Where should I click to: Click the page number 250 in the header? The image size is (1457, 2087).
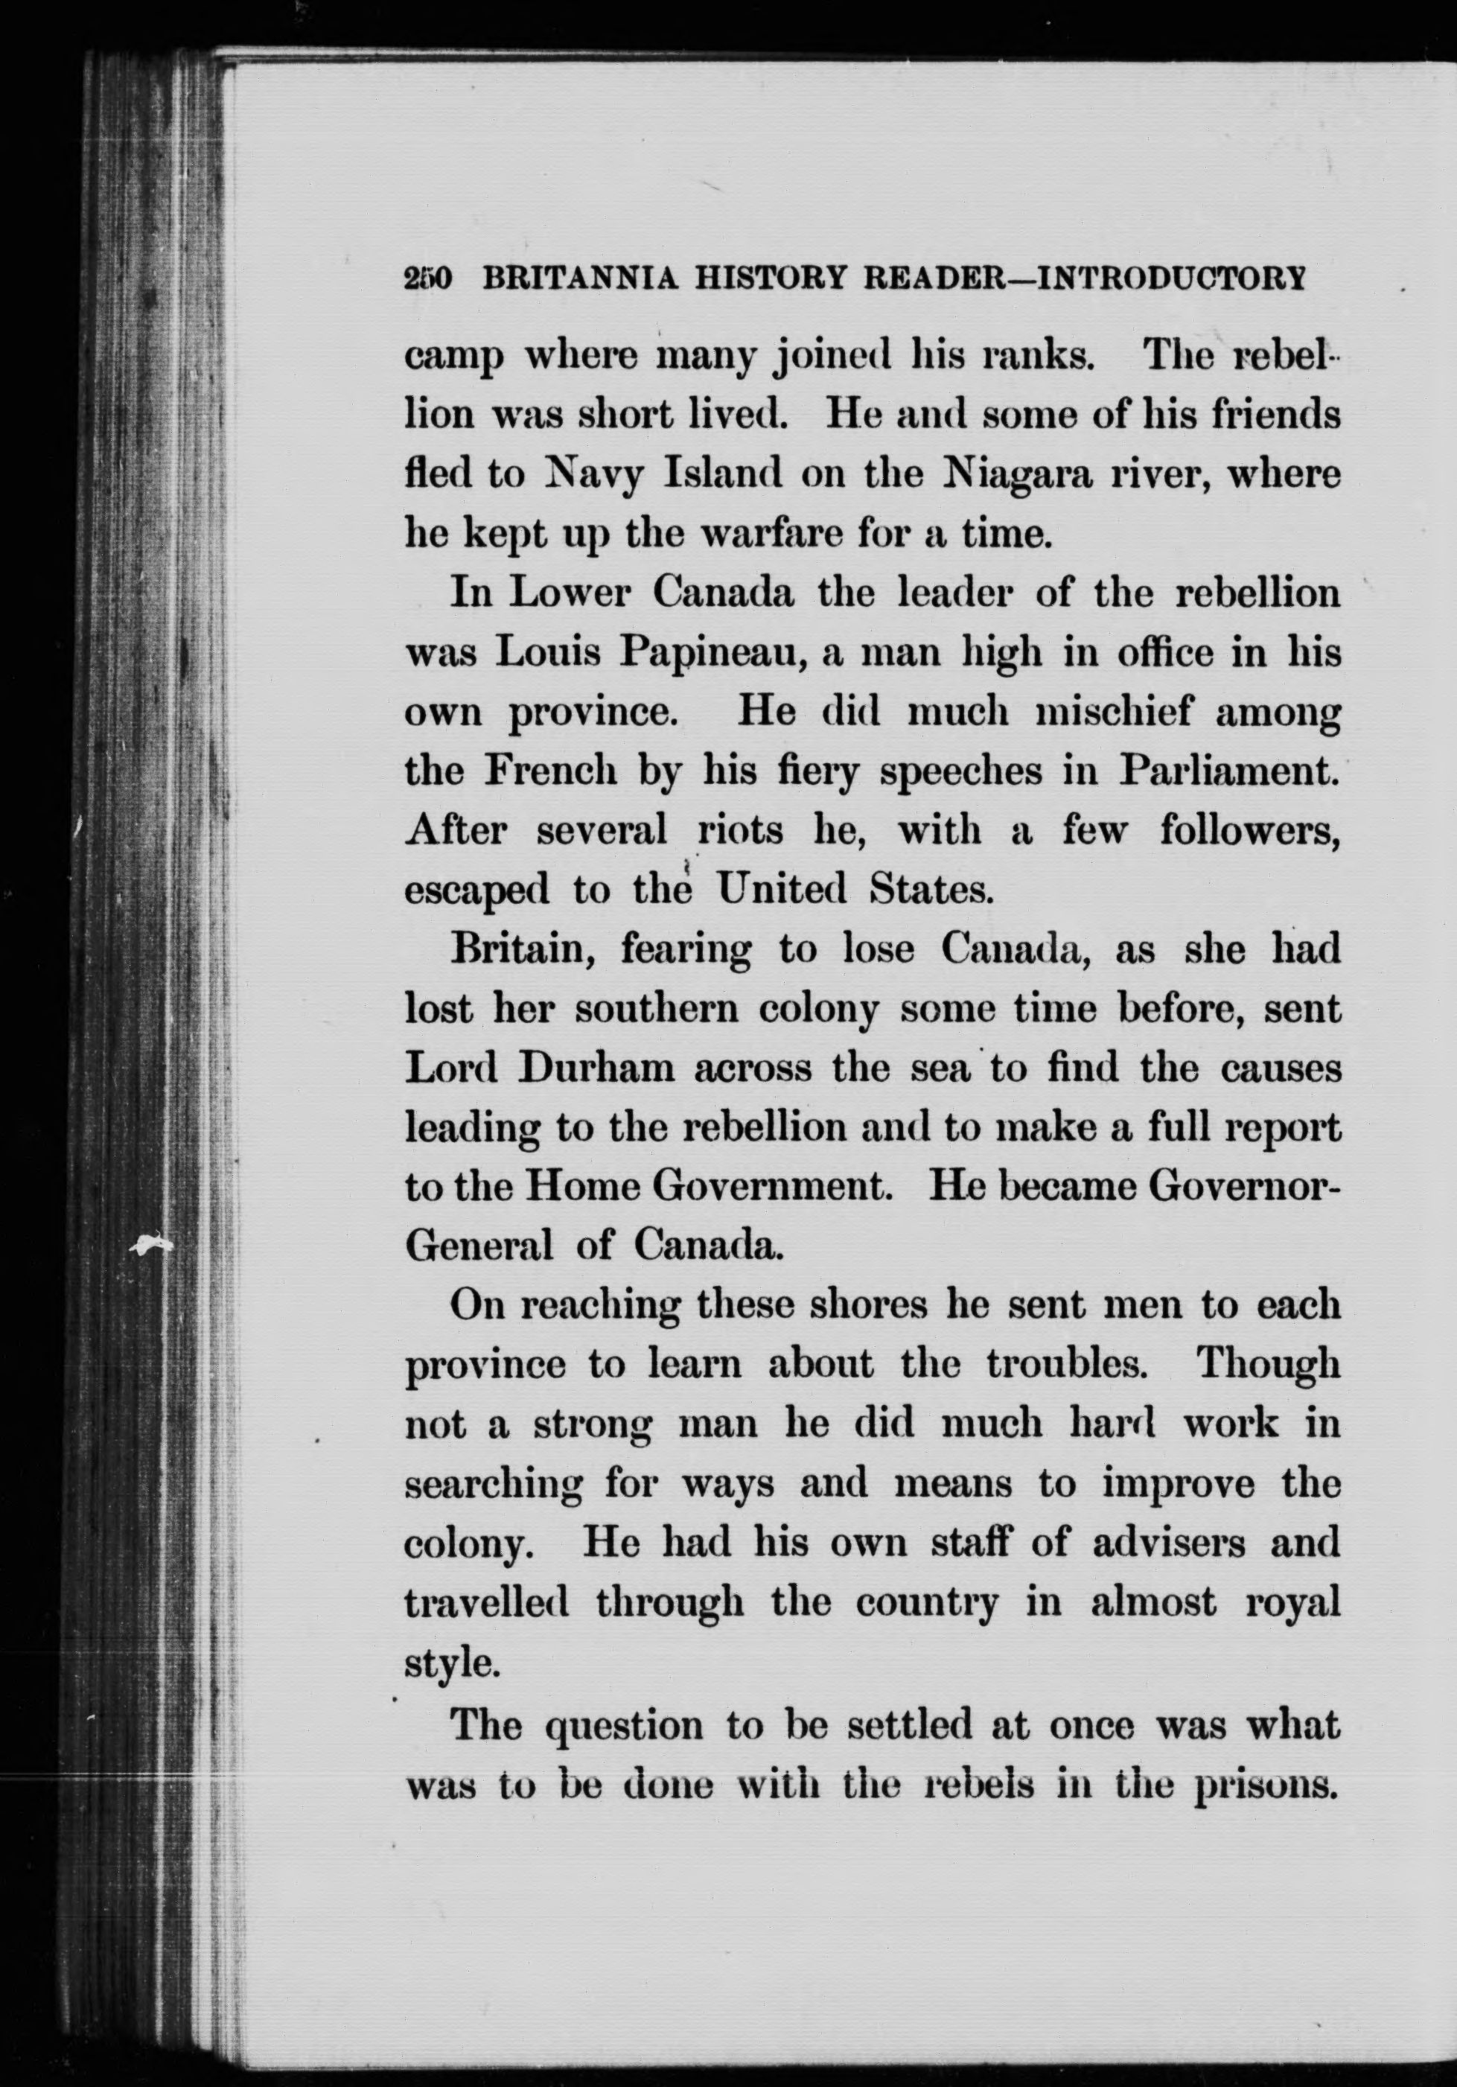(x=427, y=279)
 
